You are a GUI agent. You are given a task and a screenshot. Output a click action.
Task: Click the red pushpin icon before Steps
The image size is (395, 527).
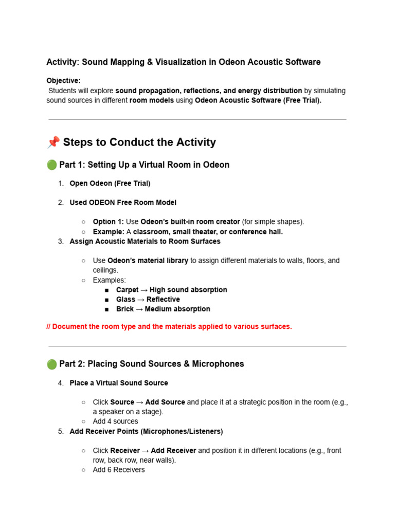53,142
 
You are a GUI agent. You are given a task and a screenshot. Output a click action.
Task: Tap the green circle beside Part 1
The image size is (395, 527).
51,165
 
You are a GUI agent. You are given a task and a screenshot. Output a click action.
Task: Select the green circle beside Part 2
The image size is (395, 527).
51,364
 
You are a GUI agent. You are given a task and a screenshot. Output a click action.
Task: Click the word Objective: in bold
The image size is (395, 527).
64,81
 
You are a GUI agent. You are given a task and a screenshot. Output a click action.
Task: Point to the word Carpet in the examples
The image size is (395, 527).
127,290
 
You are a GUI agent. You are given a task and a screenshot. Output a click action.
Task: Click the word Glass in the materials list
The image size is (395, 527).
125,300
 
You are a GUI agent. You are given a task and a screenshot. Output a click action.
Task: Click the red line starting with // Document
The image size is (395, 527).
169,327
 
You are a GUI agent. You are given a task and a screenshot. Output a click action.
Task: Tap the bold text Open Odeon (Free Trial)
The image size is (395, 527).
110,183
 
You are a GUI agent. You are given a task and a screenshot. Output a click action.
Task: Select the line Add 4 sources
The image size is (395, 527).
115,421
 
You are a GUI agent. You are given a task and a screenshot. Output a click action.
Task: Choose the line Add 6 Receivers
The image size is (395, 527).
119,470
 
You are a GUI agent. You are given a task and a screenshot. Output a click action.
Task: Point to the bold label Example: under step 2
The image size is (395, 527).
109,232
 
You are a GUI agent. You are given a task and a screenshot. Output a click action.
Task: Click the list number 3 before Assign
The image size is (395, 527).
61,241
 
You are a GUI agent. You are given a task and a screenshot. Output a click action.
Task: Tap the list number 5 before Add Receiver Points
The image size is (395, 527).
61,431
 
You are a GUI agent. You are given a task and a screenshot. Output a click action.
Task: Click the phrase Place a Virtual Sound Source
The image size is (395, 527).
119,383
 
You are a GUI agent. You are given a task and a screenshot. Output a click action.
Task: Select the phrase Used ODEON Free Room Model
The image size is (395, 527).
123,203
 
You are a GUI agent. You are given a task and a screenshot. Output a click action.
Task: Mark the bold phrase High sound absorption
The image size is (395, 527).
188,290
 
